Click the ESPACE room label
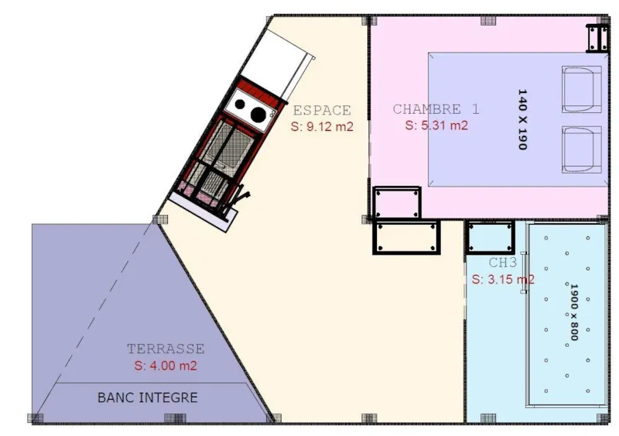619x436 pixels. [x=321, y=111]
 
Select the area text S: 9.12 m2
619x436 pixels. [x=322, y=126]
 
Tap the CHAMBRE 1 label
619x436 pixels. [x=436, y=109]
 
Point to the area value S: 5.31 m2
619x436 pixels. [x=436, y=125]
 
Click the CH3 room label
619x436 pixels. [x=502, y=263]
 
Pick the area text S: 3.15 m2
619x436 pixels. [x=502, y=279]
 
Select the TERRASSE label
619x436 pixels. [x=166, y=349]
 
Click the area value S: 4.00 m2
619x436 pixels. [x=166, y=366]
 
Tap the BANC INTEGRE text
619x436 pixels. [x=147, y=398]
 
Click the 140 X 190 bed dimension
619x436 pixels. [x=522, y=119]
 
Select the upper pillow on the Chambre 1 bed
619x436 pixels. [x=582, y=89]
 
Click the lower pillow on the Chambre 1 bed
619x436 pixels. [x=582, y=149]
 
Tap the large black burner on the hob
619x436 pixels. [x=257, y=114]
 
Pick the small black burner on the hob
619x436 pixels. [x=241, y=104]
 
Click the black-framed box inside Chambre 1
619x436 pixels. [x=396, y=202]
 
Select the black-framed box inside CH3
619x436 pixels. [x=491, y=237]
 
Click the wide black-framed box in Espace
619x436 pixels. [x=407, y=237]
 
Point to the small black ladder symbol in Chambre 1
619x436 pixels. [x=597, y=37]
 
